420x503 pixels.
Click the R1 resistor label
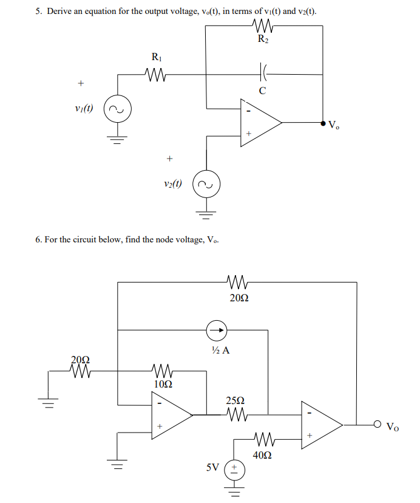point(156,58)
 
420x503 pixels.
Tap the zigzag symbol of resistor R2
point(262,26)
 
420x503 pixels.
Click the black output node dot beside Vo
point(322,123)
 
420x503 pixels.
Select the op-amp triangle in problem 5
point(259,123)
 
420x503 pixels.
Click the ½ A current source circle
point(216,330)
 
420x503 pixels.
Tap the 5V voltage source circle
point(234,470)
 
